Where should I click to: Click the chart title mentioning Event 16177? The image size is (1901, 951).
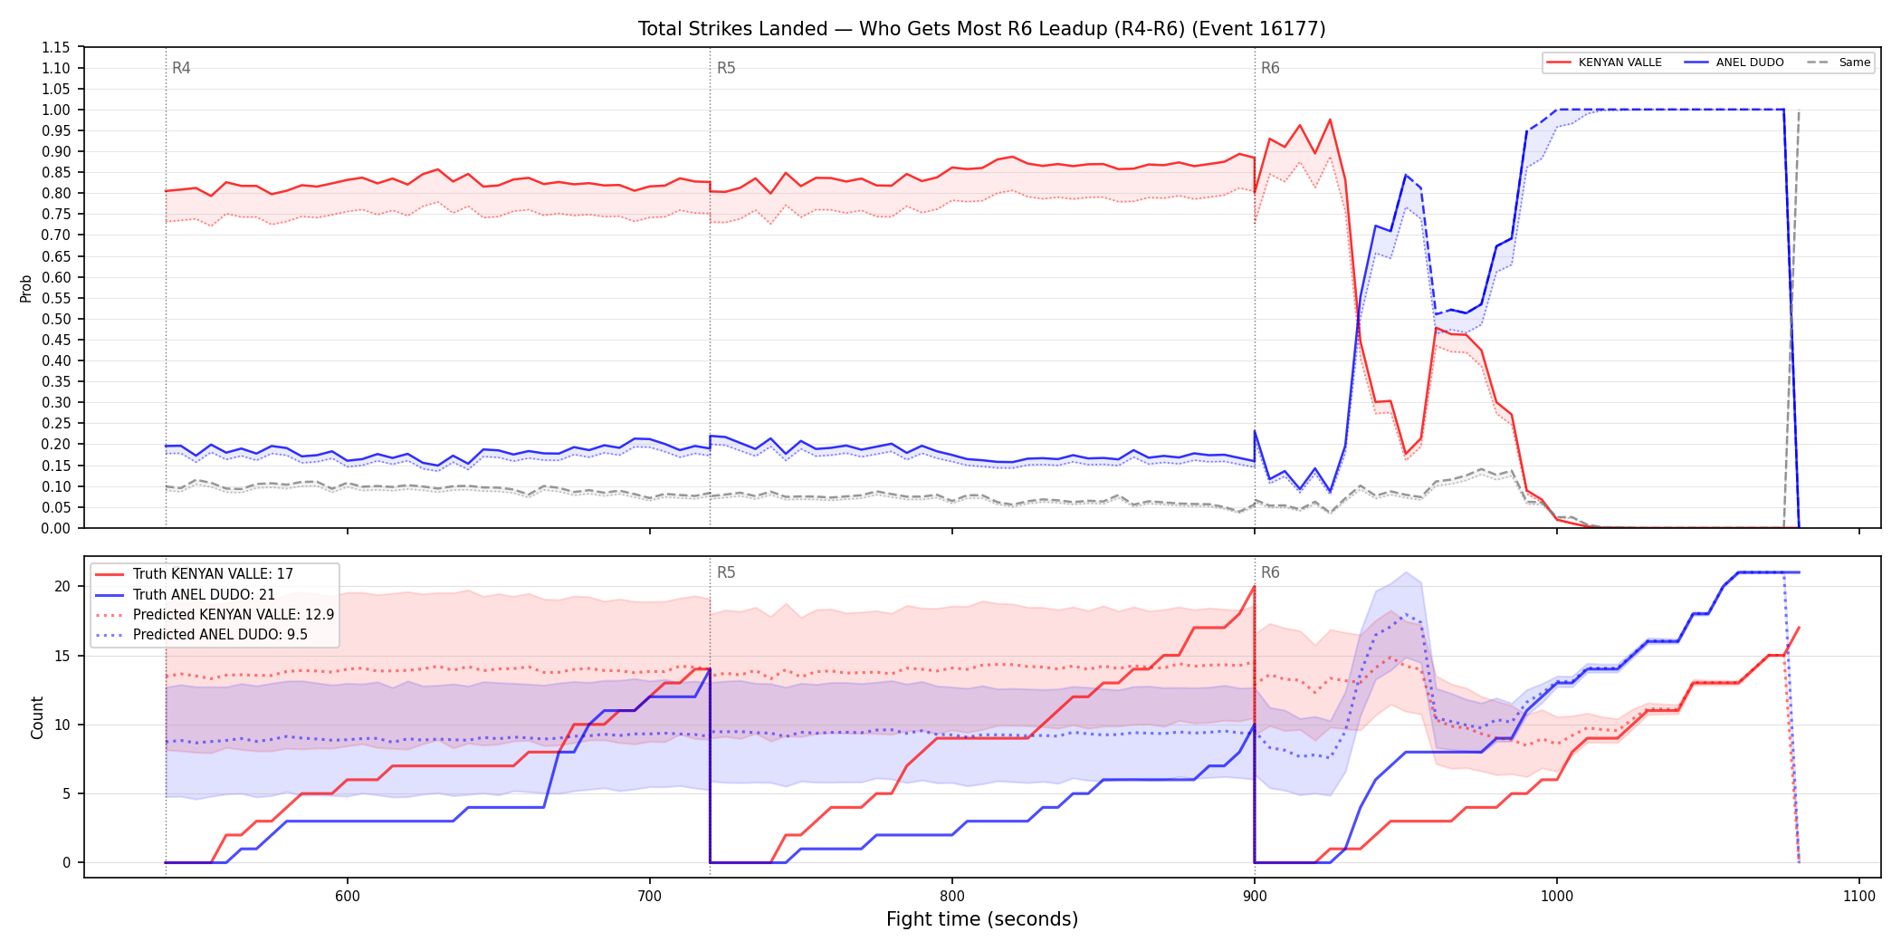coord(981,29)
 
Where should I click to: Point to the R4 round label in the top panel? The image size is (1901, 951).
coord(181,68)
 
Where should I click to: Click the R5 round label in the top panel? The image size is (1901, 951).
coord(726,68)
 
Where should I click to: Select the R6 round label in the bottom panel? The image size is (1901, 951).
coord(1270,572)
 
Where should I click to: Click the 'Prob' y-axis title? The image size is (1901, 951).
coord(26,288)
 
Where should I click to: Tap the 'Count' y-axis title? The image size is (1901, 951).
coord(37,717)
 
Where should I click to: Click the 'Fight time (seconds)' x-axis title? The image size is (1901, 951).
coord(982,919)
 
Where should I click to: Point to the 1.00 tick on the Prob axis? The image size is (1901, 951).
coord(56,110)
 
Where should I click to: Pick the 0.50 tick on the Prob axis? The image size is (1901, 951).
coord(56,319)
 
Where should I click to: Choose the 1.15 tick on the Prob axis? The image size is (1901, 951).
coord(56,47)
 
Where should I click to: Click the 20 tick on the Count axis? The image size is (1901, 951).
coord(62,586)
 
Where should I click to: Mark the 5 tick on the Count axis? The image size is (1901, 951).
coord(66,793)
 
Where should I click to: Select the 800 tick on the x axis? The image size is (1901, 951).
coord(952,896)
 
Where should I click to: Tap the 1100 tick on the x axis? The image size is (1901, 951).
coord(1859,896)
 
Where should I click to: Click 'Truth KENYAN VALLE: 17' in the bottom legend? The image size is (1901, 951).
coord(213,574)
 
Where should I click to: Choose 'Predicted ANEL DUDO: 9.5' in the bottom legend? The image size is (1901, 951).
coord(220,635)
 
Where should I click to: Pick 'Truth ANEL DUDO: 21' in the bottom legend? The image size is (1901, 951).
coord(204,595)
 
